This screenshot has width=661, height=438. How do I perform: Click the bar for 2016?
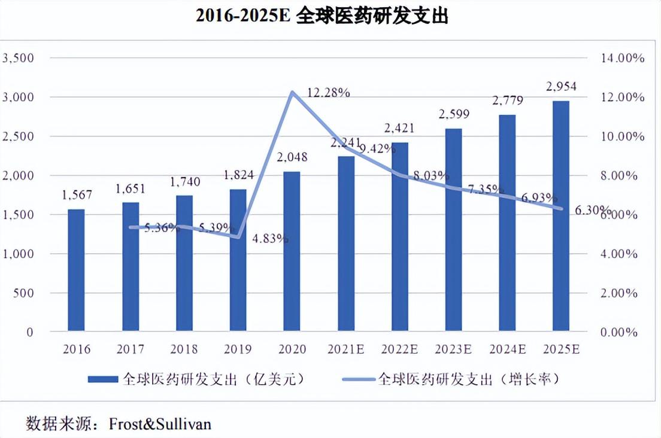[76, 270]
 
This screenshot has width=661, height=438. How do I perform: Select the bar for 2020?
[292, 251]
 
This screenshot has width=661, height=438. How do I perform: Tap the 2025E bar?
[561, 216]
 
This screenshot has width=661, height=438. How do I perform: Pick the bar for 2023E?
[453, 230]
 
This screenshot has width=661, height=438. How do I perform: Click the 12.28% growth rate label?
[328, 93]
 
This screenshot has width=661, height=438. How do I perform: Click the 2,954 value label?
[560, 87]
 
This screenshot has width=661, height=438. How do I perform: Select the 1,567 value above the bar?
[76, 195]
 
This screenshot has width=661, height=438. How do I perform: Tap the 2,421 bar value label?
[400, 128]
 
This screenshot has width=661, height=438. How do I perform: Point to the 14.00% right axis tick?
[623, 58]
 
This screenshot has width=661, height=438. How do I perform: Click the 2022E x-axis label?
[400, 349]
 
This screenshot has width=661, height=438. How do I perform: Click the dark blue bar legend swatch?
[103, 379]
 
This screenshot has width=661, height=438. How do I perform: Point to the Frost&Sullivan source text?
[160, 424]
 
